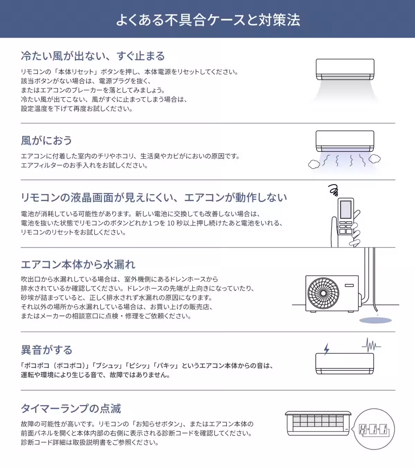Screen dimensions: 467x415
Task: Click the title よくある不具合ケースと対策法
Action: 207,20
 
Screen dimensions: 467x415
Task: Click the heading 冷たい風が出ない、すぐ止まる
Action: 93,56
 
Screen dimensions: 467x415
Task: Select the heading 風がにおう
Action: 46,140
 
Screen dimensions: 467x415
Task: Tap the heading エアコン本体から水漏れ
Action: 78,264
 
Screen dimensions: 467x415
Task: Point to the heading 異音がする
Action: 46,350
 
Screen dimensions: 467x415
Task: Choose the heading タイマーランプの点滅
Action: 71,409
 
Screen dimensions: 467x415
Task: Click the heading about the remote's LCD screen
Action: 154,198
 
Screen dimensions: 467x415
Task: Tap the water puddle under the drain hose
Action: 375,321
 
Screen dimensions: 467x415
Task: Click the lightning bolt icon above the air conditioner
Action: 326,349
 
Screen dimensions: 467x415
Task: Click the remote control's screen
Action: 346,209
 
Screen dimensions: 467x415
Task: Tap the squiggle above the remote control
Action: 333,190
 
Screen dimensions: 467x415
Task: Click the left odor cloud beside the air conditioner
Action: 314,164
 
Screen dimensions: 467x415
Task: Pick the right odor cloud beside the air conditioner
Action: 375,159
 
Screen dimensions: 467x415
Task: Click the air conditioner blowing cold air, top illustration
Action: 345,70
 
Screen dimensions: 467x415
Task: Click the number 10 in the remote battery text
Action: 170,223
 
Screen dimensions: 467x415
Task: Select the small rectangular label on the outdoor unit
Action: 349,285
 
